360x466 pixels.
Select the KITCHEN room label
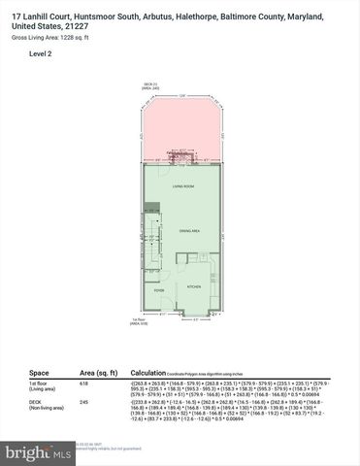click(x=193, y=287)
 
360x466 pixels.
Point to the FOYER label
click(x=159, y=288)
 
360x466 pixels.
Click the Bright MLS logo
click(x=38, y=453)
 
